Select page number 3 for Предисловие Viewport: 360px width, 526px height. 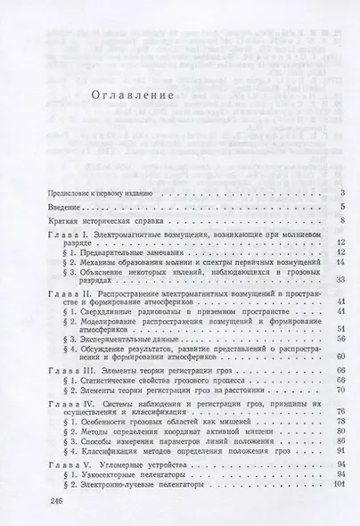coord(343,193)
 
